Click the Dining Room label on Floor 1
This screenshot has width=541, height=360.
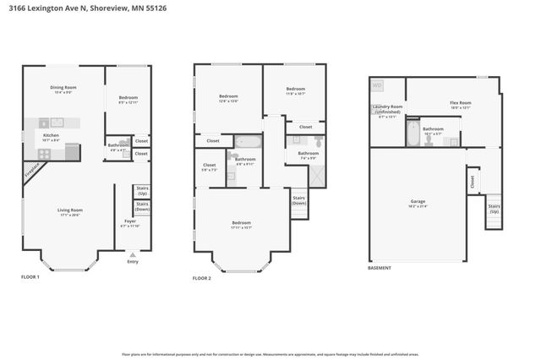[x=63, y=89]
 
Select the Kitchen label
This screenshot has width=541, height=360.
[x=52, y=137]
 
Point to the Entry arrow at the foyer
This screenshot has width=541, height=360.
[x=131, y=253]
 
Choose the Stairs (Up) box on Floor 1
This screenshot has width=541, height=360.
[x=142, y=191]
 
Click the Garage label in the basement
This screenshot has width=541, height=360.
[x=418, y=203]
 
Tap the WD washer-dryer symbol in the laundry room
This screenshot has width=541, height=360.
[x=377, y=85]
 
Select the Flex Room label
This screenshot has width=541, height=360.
[x=460, y=105]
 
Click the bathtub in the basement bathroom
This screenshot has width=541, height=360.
[x=413, y=134]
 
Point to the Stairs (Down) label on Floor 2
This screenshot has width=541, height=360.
[x=299, y=201]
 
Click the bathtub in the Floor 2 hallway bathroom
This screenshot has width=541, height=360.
[x=249, y=142]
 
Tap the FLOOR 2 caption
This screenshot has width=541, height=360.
[x=201, y=277]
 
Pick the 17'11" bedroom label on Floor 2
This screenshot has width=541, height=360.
[x=241, y=225]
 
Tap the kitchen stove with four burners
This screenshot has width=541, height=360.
[x=44, y=154]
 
